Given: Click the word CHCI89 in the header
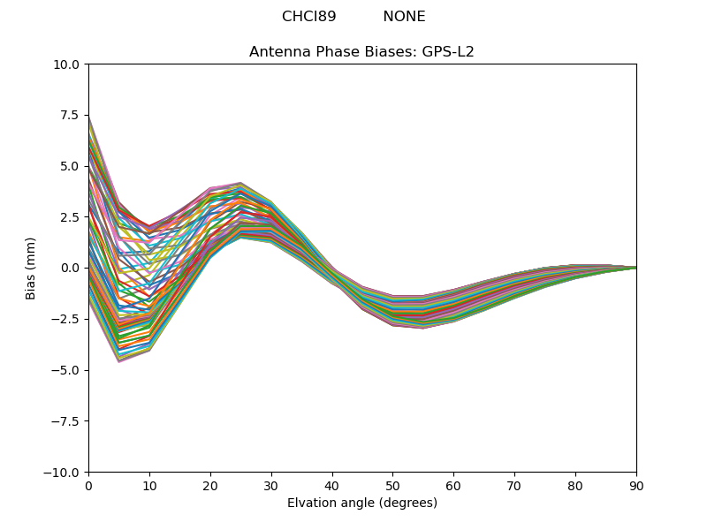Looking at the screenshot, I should tap(308, 17).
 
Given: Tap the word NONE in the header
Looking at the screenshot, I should tap(404, 17).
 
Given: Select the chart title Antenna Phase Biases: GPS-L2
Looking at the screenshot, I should tap(361, 52).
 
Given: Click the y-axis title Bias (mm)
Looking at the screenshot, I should tap(31, 268).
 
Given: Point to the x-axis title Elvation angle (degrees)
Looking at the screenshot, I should tap(361, 503).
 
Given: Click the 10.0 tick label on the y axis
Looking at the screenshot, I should tap(68, 64).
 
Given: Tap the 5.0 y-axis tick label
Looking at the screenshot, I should tap(72, 166).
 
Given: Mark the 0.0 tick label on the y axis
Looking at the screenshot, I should tap(72, 268).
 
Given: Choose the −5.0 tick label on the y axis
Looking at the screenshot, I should tap(67, 370).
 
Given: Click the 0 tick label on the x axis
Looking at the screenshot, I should tap(88, 485).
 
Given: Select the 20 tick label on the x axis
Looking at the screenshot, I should tap(210, 485).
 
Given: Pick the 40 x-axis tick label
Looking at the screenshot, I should tap(331, 485).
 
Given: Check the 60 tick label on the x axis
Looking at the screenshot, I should tap(453, 485).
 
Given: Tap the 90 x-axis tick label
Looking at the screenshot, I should tap(635, 485).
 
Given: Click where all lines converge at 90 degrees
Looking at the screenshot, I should tap(635, 268).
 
